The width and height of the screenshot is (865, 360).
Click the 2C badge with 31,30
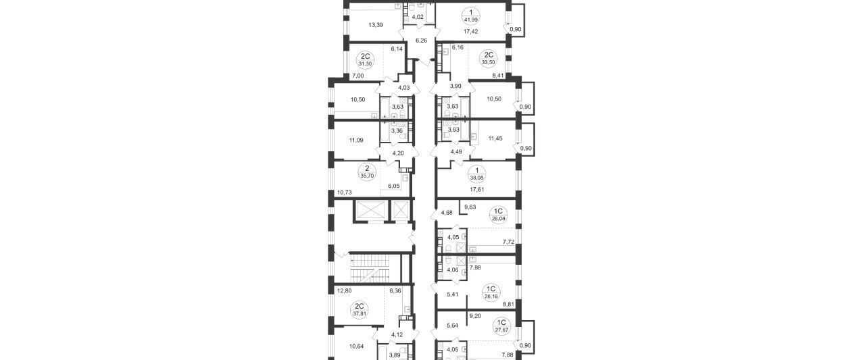95,60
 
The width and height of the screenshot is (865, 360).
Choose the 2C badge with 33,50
489,58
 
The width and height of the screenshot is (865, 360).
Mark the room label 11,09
86,140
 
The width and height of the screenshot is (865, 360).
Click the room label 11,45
495,138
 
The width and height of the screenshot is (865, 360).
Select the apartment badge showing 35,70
97,172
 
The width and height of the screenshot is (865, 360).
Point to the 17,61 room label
477,189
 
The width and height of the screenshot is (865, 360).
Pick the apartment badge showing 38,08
477,174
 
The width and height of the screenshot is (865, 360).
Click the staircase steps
99,268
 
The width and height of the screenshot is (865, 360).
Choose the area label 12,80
74,290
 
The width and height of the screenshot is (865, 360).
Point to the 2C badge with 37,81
89,310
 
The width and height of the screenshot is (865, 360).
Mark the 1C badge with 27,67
501,326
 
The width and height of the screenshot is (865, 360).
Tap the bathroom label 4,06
453,270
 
